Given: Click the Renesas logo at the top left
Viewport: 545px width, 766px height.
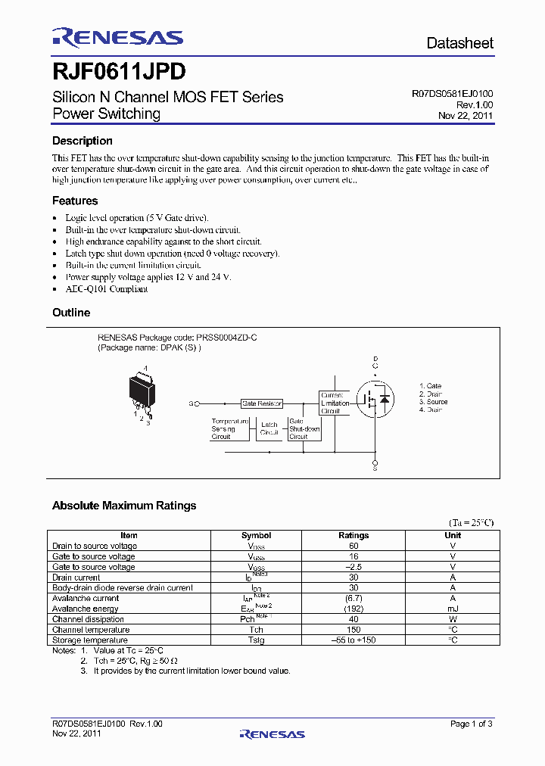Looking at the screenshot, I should coord(117,38).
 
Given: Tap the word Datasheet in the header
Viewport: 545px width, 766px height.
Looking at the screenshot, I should coord(459,43).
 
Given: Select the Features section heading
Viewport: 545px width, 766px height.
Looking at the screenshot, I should coord(75,201).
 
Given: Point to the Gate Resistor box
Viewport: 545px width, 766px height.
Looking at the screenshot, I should coord(262,404).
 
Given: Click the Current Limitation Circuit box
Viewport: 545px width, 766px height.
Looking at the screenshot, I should coord(335,403).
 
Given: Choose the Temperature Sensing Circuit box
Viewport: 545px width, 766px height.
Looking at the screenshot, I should coord(230,428).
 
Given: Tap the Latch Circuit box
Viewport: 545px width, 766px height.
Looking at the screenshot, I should coord(269,429).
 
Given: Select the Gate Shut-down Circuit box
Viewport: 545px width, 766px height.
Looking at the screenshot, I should coord(304,428).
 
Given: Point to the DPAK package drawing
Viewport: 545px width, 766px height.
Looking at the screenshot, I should coord(144,391).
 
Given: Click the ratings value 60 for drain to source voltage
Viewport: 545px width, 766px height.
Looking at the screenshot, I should coord(353,546).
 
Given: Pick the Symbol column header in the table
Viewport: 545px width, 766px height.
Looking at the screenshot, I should coord(256,535).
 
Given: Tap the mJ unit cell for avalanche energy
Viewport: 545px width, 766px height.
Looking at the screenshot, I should coord(453,609).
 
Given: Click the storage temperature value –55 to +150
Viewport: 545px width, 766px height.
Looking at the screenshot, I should coord(353,640).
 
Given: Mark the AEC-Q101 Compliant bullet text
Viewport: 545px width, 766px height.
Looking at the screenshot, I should coord(107,289).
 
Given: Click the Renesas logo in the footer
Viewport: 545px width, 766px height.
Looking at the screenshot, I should coord(272,733).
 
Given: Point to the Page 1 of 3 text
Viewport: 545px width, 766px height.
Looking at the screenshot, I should coord(471,724).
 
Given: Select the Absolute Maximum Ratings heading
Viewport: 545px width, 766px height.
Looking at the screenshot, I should coord(124,506).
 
